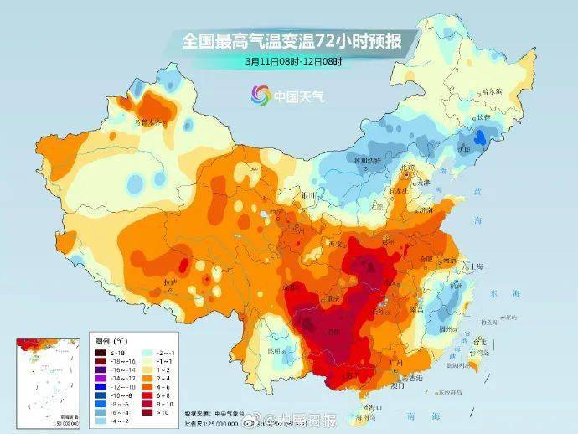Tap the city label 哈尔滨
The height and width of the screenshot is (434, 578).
(x=495, y=92)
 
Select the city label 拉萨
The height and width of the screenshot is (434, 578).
(x=170, y=283)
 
